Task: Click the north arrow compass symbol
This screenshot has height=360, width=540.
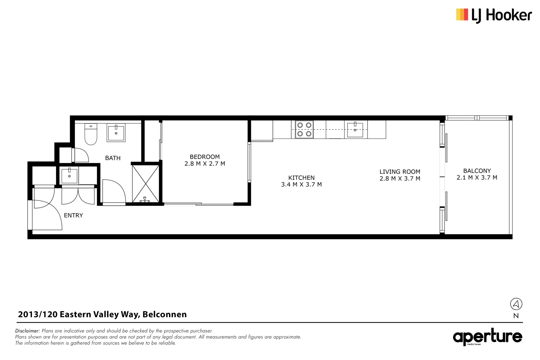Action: pyautogui.click(x=516, y=304)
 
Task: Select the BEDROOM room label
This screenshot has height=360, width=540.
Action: pyautogui.click(x=205, y=157)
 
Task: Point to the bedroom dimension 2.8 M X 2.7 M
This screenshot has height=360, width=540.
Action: pyautogui.click(x=205, y=164)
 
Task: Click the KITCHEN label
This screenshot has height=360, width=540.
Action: pyautogui.click(x=301, y=178)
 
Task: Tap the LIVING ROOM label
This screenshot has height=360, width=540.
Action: pyautogui.click(x=400, y=172)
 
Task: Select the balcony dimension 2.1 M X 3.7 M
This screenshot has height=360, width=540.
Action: pyautogui.click(x=477, y=178)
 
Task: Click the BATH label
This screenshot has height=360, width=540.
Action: pyautogui.click(x=113, y=158)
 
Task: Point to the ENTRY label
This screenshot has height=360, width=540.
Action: pyautogui.click(x=73, y=215)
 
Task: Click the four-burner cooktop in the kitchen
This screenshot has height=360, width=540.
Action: pyautogui.click(x=304, y=129)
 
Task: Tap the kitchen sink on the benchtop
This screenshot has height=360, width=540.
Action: pyautogui.click(x=355, y=129)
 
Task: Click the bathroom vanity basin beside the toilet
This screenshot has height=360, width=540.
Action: pyautogui.click(x=116, y=132)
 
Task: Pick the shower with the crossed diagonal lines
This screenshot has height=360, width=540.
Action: pyautogui.click(x=146, y=183)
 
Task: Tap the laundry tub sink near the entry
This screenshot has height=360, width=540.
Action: pyautogui.click(x=69, y=176)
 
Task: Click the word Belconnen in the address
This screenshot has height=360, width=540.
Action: pyautogui.click(x=164, y=314)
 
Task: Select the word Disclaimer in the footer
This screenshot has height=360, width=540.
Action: pyautogui.click(x=27, y=331)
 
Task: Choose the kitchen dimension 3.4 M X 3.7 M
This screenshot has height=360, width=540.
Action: pyautogui.click(x=301, y=185)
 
